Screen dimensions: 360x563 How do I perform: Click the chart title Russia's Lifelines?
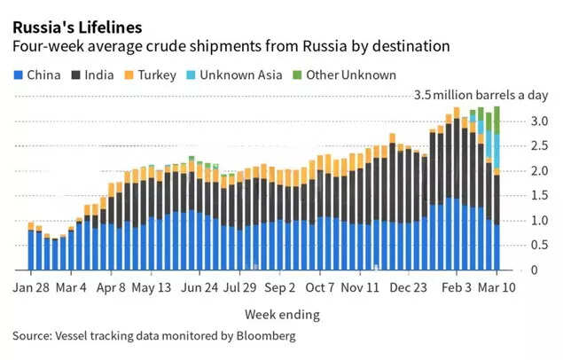pos(76,26)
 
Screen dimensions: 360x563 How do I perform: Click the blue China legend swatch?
pos(19,75)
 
